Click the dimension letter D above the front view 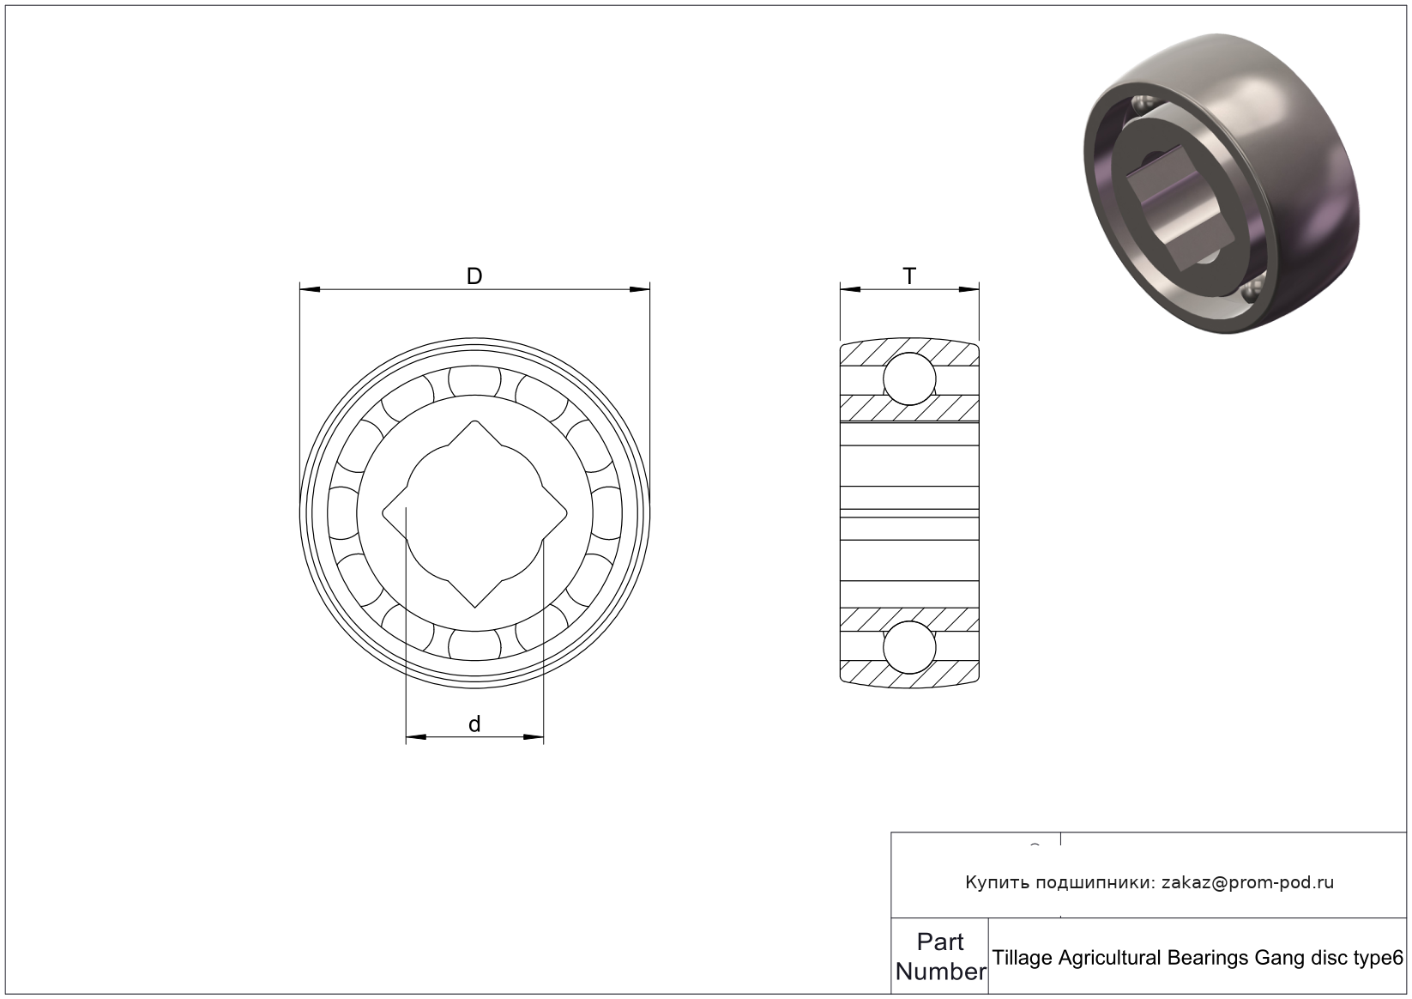(474, 275)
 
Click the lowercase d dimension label (474, 724)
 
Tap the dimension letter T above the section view (909, 276)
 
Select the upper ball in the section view (909, 378)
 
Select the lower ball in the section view (909, 648)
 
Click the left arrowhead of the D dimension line (310, 289)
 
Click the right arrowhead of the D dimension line (640, 289)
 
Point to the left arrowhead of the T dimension (850, 289)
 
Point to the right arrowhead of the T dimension (968, 289)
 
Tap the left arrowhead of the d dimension (416, 736)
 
